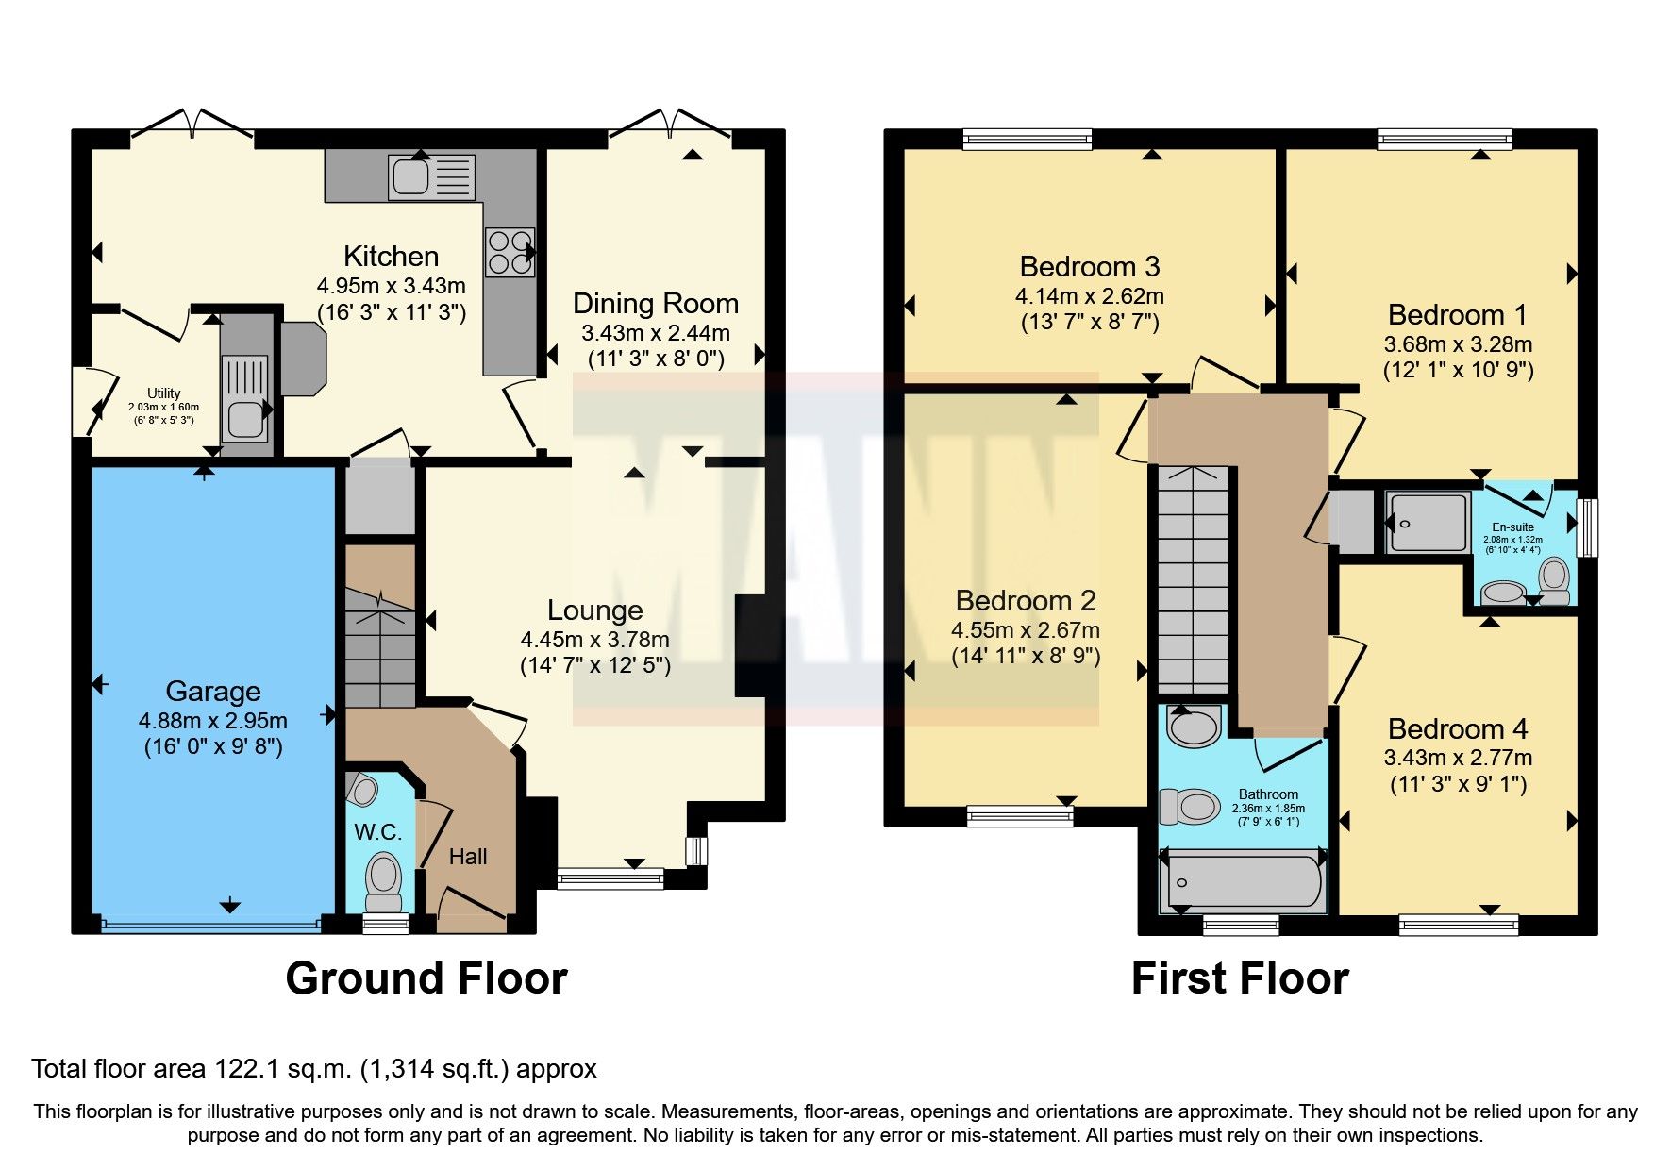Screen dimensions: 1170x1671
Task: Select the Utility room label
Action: point(163,393)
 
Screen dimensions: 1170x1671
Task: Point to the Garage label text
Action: point(213,692)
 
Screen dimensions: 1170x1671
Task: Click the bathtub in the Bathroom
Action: point(1242,882)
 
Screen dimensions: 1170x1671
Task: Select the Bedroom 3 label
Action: point(1089,266)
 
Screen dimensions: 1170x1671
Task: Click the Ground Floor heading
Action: point(426,978)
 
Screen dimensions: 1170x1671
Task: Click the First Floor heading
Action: point(1239,978)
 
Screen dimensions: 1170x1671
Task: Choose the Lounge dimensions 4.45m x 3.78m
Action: point(594,639)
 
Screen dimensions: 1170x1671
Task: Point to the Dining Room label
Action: point(655,304)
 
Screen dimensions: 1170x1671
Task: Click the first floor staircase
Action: point(1193,580)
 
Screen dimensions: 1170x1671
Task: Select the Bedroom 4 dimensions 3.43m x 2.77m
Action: point(1457,758)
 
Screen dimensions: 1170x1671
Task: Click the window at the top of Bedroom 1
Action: point(1444,141)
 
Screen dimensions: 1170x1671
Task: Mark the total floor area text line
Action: point(314,1069)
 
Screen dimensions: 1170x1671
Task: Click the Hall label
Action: point(468,857)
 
